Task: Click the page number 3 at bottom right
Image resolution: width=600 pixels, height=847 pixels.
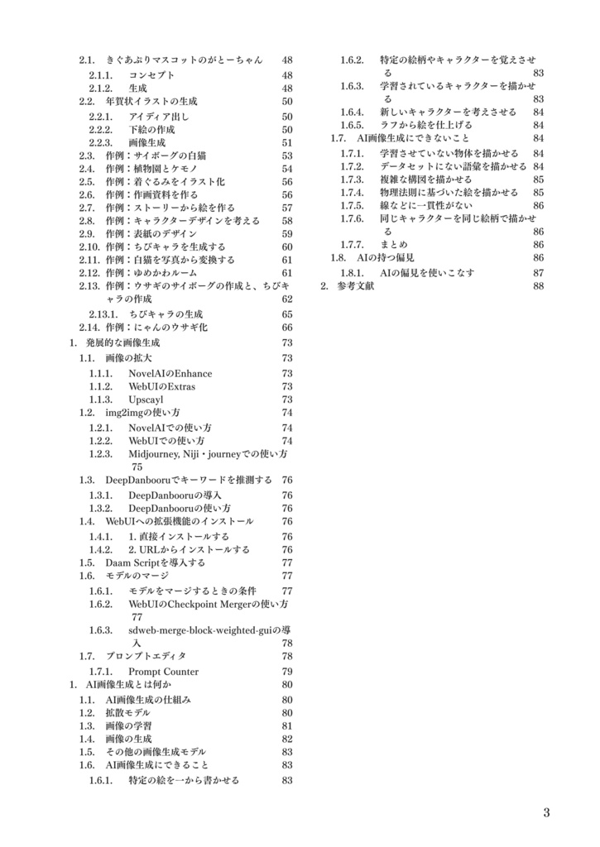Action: tap(546, 812)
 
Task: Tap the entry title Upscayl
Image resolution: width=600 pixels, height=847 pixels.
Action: tap(146, 400)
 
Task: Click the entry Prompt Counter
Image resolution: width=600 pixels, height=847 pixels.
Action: tap(163, 672)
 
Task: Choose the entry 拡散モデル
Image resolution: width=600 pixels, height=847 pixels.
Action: tap(128, 712)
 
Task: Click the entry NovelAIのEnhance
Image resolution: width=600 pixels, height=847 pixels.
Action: tap(170, 373)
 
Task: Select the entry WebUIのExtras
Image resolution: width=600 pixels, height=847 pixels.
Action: tap(161, 386)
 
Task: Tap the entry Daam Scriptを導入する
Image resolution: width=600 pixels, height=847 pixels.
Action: tap(155, 562)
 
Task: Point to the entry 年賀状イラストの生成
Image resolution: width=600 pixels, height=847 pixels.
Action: tap(151, 101)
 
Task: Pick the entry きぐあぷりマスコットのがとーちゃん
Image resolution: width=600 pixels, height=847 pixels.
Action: tap(184, 60)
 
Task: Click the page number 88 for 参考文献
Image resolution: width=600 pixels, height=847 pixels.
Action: tap(538, 285)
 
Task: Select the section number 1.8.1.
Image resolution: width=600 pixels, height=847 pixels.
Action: tap(353, 272)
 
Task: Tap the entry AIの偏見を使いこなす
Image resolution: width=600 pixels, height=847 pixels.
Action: tap(427, 272)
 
